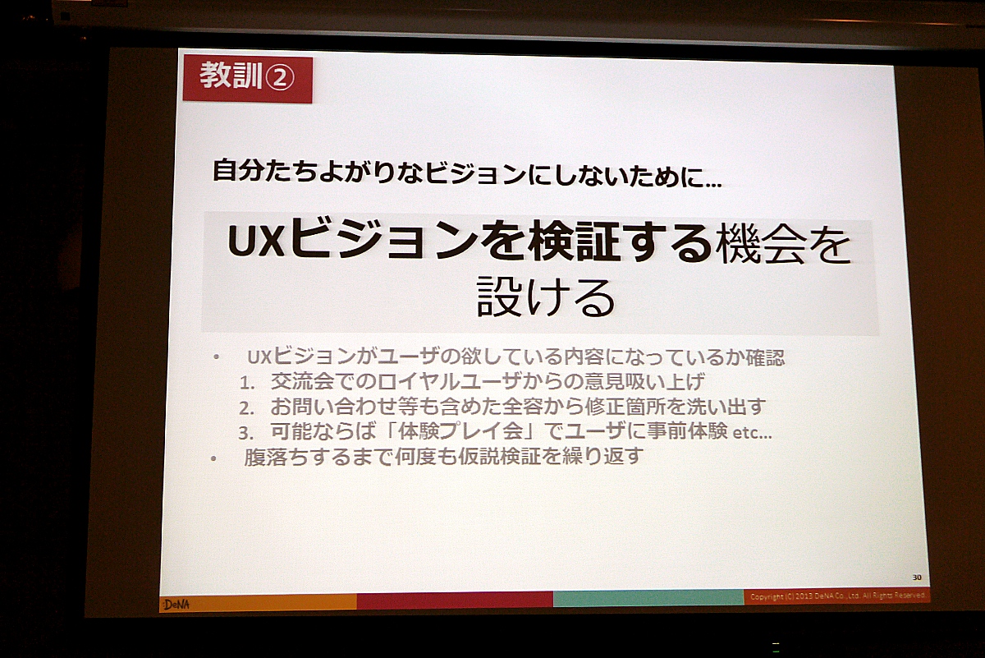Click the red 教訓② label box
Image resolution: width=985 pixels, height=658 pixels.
(x=248, y=79)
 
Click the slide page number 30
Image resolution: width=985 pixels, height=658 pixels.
(x=917, y=577)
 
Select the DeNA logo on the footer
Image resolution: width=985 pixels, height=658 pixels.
(x=176, y=605)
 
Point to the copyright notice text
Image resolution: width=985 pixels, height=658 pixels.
(x=838, y=596)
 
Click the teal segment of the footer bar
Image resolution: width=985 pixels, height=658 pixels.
(x=648, y=598)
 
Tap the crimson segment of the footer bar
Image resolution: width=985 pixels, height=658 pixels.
(x=455, y=600)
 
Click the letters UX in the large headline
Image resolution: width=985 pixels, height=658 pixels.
(x=256, y=242)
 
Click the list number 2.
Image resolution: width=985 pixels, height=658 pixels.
(x=247, y=408)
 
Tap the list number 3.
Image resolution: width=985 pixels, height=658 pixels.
(x=245, y=434)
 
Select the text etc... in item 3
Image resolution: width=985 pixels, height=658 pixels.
(x=752, y=433)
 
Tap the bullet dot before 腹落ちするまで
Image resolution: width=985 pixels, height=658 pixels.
(x=213, y=458)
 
